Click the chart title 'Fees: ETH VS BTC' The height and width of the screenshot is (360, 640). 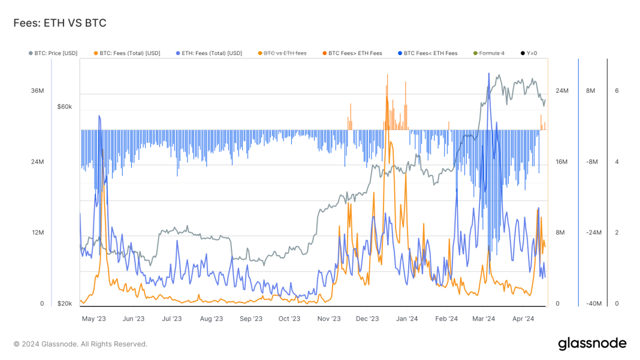click(x=60, y=23)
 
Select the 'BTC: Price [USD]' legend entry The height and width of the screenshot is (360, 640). click(x=53, y=53)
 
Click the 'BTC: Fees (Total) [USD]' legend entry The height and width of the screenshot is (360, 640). click(x=126, y=53)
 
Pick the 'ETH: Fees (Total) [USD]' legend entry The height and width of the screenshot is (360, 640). click(x=209, y=53)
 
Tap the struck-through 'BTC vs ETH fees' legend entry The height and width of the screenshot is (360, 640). click(x=282, y=53)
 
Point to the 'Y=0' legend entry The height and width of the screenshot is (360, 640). click(x=529, y=53)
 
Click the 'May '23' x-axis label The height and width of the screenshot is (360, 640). click(x=93, y=319)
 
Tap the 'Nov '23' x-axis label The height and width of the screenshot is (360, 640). click(x=328, y=319)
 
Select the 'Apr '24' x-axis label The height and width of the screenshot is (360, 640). click(x=523, y=319)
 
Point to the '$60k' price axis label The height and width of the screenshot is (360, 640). click(x=64, y=107)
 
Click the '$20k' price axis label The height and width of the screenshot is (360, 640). click(x=64, y=304)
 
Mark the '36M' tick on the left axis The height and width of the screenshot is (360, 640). click(x=37, y=90)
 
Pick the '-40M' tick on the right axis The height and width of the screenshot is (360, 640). click(x=593, y=304)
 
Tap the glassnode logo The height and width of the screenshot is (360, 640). click(x=592, y=344)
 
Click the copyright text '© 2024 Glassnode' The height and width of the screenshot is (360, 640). click(x=80, y=344)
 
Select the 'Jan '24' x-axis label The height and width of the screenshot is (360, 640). click(x=407, y=319)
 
